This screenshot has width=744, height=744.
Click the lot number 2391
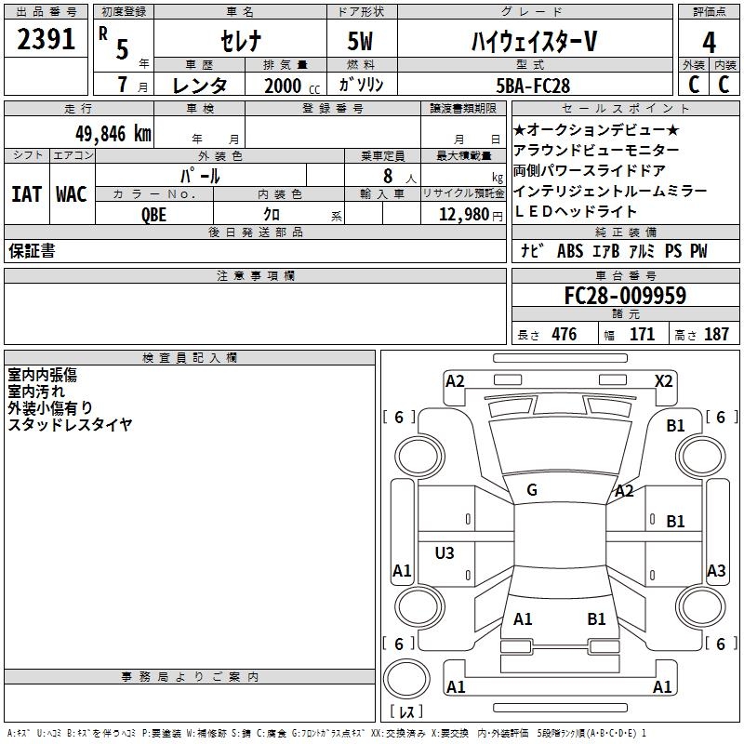[46, 40]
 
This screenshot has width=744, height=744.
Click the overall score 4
[710, 43]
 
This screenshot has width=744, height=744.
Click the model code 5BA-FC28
[533, 86]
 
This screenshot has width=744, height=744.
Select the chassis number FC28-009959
[625, 297]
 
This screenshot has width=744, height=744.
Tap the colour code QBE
[154, 214]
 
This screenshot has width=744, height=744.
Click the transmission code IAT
[26, 194]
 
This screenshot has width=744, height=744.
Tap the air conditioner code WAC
[71, 194]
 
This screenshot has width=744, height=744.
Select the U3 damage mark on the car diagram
[445, 553]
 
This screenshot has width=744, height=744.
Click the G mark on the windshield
[532, 490]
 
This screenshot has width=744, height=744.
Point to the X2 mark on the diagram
[663, 380]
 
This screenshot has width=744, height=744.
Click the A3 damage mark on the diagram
[716, 571]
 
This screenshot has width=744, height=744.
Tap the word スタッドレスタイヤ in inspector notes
[70, 425]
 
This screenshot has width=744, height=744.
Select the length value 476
[564, 335]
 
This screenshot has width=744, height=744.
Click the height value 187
[716, 335]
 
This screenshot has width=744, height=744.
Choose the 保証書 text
[32, 251]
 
